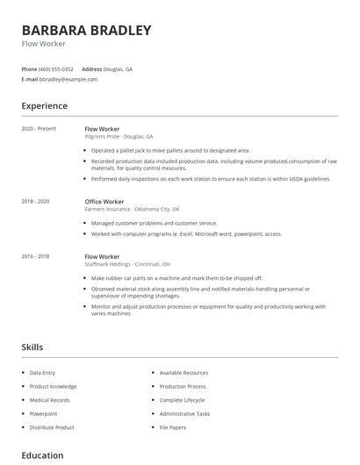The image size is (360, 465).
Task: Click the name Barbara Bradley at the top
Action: pos(86,30)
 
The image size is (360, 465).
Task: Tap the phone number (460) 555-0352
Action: pos(56,68)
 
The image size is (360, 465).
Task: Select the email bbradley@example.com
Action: pos(68,79)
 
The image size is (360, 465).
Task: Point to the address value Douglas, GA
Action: pos(119,68)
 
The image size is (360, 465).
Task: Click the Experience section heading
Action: pos(44,106)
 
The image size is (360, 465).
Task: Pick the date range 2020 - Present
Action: pos(39,129)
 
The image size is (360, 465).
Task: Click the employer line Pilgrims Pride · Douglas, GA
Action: pos(119,137)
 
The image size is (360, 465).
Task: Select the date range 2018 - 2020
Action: pos(35,201)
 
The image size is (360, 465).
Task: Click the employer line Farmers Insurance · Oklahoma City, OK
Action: pos(132,209)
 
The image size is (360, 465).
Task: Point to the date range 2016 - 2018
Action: pos(35,256)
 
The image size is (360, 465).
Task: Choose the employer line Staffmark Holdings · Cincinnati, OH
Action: pos(127,264)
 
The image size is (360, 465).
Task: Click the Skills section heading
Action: pos(32,347)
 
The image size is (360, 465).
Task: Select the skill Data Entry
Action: pos(42,373)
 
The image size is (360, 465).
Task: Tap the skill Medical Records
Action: pos(49,400)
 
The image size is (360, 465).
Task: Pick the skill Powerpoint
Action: pos(43,413)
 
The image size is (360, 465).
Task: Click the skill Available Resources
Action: pos(184,373)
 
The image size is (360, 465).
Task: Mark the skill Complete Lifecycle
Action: pos(182,400)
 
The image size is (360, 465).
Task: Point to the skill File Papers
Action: pos(172,427)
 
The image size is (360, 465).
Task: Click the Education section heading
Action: pos(42,455)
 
